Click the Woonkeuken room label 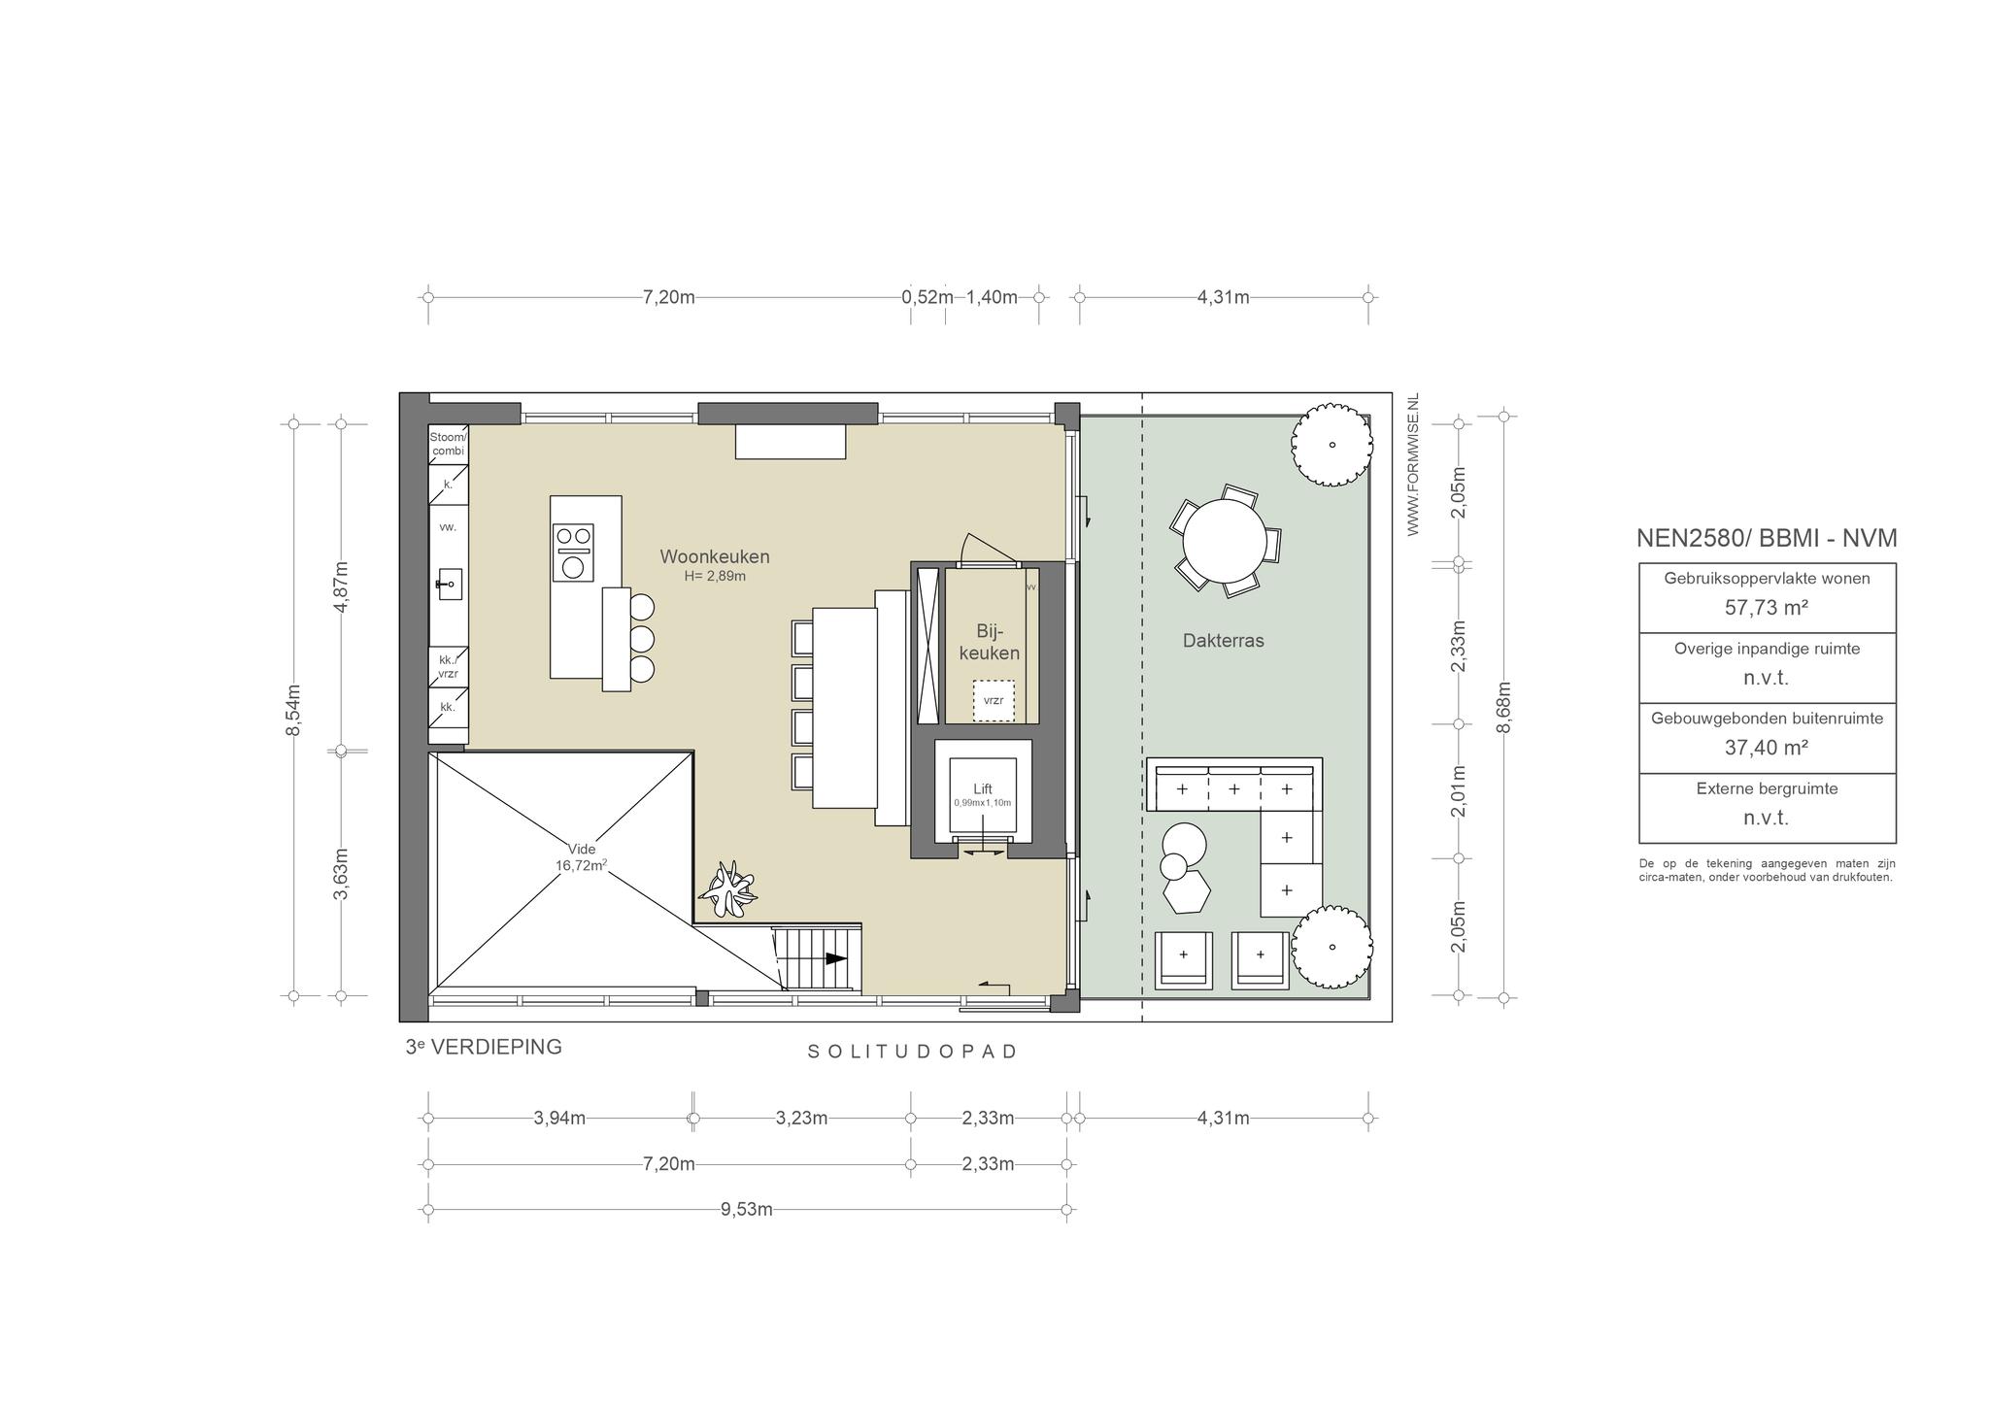click(715, 556)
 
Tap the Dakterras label click(1223, 641)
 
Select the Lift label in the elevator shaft click(983, 789)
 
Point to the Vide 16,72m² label click(582, 856)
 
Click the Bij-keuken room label click(990, 641)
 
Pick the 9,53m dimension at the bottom click(747, 1209)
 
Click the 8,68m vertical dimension click(1503, 707)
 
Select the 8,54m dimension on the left click(293, 710)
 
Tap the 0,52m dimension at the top click(927, 297)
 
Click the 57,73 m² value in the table click(1767, 608)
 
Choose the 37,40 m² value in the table click(1767, 748)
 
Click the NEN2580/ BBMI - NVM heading click(1767, 539)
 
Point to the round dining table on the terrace click(1225, 542)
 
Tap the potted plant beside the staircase click(728, 888)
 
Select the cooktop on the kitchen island click(573, 552)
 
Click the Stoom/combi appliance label click(448, 444)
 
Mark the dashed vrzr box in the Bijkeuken click(994, 700)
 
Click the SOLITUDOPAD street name click(912, 1052)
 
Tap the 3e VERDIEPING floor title click(484, 1047)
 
